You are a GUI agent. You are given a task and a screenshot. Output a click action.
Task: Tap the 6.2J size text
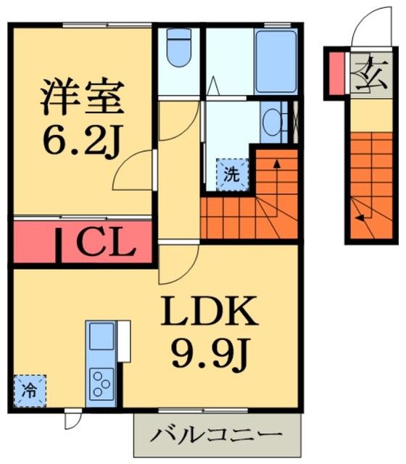80,139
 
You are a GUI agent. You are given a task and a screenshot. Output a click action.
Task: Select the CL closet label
104,244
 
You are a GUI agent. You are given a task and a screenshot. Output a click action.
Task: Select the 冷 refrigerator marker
30,391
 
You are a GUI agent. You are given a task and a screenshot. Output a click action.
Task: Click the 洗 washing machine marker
230,175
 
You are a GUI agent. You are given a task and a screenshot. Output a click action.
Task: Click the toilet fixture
177,49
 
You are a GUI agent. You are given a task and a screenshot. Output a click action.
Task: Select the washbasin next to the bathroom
273,123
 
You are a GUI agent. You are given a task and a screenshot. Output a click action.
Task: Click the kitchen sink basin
101,338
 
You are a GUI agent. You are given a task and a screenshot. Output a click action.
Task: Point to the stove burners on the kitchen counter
101,381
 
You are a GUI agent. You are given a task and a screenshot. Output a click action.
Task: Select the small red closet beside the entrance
336,72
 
